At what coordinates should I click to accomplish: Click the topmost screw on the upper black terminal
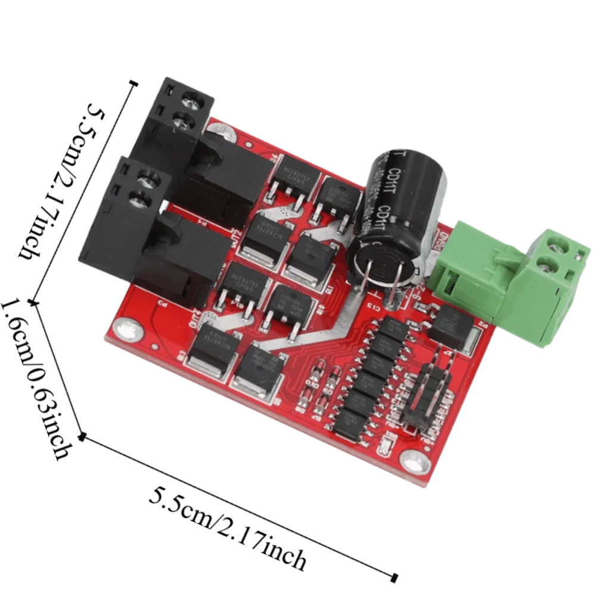pyautogui.click(x=191, y=96)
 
